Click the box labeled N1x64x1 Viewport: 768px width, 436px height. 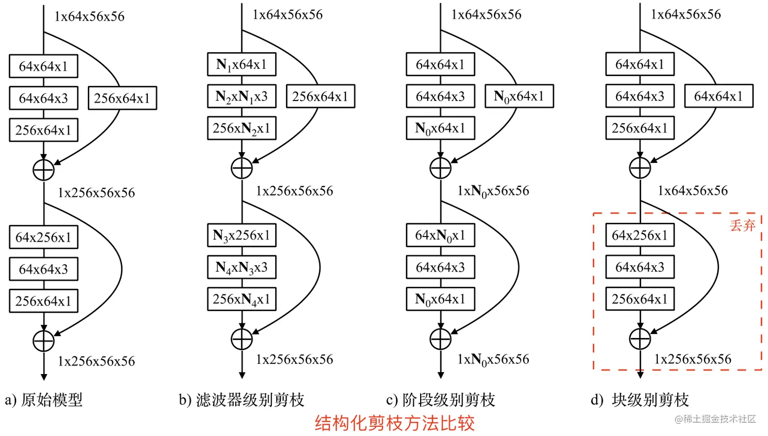pyautogui.click(x=242, y=64)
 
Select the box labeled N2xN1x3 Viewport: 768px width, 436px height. pyautogui.click(x=242, y=96)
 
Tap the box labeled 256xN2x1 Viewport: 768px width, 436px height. pyautogui.click(x=242, y=128)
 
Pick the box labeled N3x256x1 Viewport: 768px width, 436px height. pyautogui.click(x=242, y=236)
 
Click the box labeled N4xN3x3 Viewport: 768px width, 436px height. pyautogui.click(x=242, y=267)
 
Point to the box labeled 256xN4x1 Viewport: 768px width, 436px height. pyautogui.click(x=242, y=299)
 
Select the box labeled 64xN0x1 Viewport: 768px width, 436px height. pyautogui.click(x=440, y=236)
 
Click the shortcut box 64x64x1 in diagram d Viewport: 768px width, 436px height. pyautogui.click(x=718, y=96)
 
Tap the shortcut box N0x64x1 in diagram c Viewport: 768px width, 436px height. pyautogui.click(x=519, y=96)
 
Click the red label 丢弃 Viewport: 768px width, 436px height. pyautogui.click(x=743, y=225)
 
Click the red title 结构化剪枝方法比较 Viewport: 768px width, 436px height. pyautogui.click(x=395, y=423)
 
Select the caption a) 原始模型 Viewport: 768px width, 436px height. pyautogui.click(x=44, y=400)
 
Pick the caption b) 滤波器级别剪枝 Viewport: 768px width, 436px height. pyautogui.click(x=241, y=400)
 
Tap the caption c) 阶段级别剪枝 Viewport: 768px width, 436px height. pyautogui.click(x=440, y=400)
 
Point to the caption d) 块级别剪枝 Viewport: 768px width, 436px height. pyautogui.click(x=639, y=400)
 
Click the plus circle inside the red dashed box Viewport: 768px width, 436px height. pyautogui.click(x=640, y=339)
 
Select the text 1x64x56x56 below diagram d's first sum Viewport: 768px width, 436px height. pyautogui.click(x=692, y=191)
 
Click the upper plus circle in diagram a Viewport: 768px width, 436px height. pyautogui.click(x=44, y=170)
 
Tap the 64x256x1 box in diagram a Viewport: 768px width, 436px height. pyautogui.click(x=44, y=238)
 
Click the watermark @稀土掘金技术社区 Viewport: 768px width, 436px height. pyautogui.click(x=715, y=419)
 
